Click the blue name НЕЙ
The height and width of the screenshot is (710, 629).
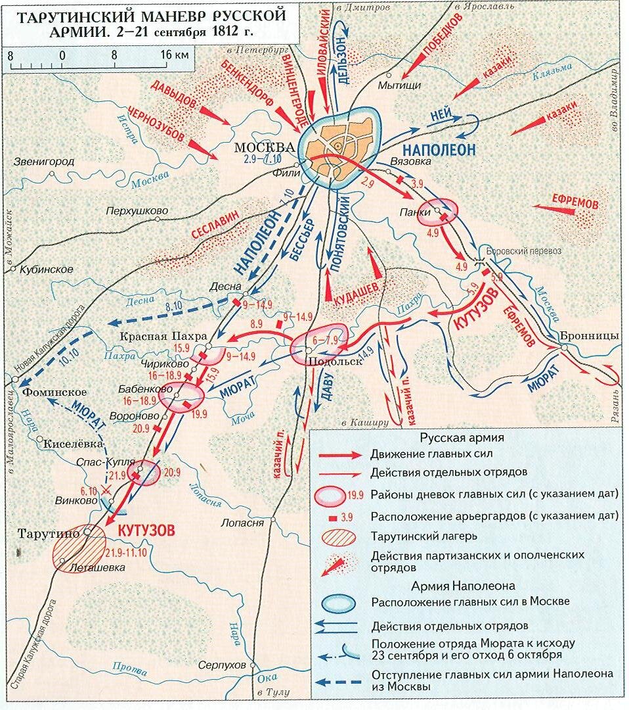(441, 114)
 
